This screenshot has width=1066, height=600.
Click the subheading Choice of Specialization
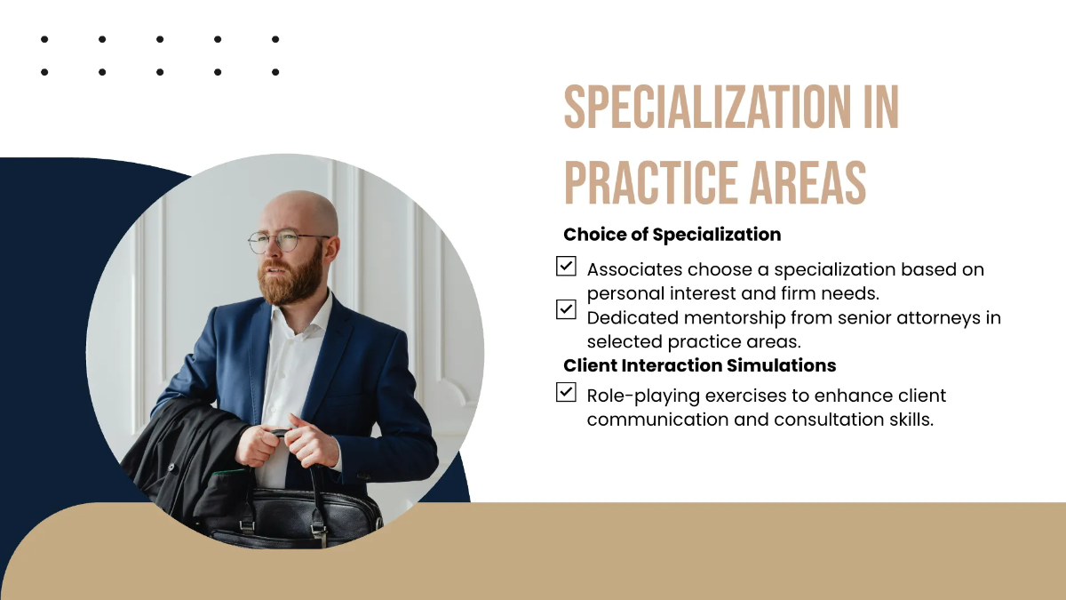tap(672, 235)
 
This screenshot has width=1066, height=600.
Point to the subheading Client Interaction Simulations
tap(699, 365)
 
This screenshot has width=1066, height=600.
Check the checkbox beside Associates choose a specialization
tap(566, 266)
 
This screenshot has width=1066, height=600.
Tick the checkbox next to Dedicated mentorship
tap(566, 309)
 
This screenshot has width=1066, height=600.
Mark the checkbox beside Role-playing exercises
tap(566, 392)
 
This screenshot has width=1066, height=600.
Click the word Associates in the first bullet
tap(633, 269)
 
